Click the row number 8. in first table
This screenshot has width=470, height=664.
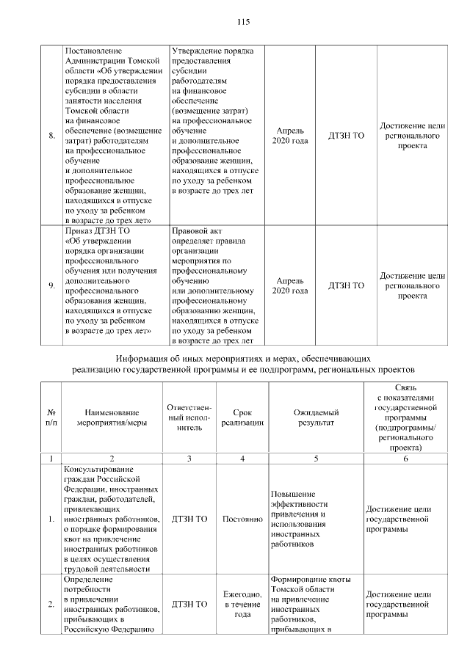[51, 136]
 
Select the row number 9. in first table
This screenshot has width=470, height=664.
[51, 285]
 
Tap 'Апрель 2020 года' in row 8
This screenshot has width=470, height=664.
[289, 136]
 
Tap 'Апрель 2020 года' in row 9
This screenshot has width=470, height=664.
[289, 285]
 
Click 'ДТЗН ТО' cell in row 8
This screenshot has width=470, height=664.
[346, 136]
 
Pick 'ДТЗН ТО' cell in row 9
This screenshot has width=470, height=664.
[346, 285]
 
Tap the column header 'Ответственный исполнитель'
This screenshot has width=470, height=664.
[189, 417]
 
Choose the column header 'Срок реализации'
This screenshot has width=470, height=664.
[242, 417]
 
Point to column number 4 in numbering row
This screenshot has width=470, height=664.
[242, 459]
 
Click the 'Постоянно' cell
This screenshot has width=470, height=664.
[242, 519]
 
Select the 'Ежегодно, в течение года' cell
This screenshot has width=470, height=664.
[242, 604]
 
